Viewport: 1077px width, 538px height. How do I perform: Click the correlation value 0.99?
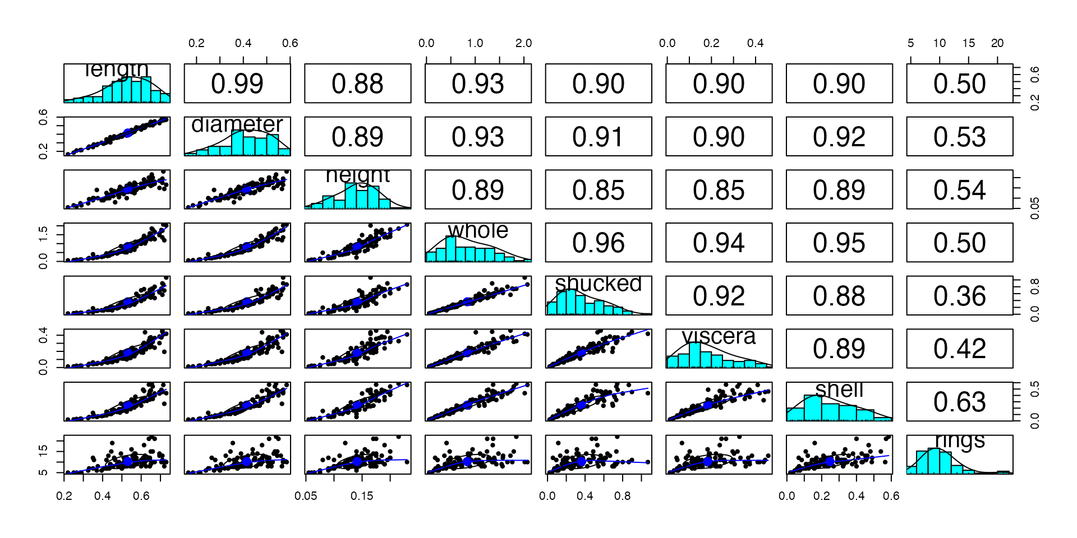coord(237,84)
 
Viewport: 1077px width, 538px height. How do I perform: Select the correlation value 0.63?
coord(959,402)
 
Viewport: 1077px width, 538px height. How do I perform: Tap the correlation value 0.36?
coord(959,296)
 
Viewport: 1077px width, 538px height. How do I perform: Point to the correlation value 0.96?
coord(599,243)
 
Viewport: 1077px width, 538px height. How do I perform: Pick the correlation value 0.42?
coord(959,349)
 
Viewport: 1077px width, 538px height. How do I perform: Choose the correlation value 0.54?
coord(959,191)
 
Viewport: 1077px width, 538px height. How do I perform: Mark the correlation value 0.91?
coord(599,137)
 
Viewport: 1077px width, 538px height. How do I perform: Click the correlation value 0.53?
coord(959,137)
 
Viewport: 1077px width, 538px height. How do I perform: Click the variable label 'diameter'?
coord(237,124)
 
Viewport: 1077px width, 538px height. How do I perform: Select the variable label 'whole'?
coord(478,230)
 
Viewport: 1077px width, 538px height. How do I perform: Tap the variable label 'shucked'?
coord(599,284)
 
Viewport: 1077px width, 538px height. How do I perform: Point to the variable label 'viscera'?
coord(719,336)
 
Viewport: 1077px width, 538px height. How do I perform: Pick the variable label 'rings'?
coord(960,440)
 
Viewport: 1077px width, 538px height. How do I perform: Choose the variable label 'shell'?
coord(839,389)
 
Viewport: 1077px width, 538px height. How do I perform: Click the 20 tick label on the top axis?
coord(997,43)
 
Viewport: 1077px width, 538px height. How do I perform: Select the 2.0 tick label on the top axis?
coord(523,43)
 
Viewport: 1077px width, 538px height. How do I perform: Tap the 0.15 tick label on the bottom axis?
coord(362,496)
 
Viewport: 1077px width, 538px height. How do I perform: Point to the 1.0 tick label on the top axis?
coord(475,43)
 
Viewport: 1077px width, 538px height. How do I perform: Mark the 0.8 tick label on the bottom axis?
coord(622,496)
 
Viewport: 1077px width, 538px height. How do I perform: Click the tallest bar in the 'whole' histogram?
coord(450,249)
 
